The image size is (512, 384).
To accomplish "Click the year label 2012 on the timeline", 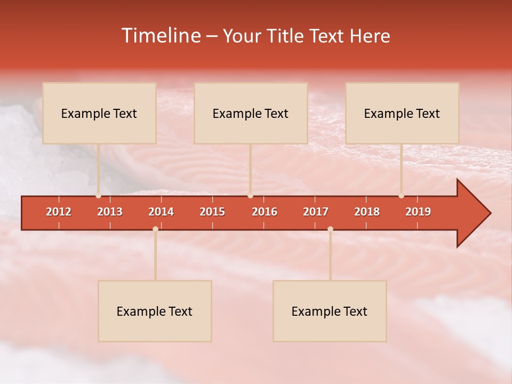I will point(59,212).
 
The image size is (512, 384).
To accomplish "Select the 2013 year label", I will point(110,212).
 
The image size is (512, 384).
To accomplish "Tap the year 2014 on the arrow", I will point(161,212).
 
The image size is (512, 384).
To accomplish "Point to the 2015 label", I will point(212,212).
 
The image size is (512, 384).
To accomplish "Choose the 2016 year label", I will point(265,212).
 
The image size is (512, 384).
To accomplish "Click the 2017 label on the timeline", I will point(316,212).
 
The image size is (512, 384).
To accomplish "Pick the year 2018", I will point(367,212).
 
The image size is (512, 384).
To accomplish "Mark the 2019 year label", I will point(418,212).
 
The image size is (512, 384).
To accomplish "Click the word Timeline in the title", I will point(160,36).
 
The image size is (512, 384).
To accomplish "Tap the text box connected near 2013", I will point(99,113).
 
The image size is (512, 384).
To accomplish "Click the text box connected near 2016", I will point(251,113).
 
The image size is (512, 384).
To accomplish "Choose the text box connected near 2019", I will point(402,113).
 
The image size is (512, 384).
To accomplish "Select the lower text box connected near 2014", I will point(155,311).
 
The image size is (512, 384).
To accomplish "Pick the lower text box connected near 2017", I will point(330,311).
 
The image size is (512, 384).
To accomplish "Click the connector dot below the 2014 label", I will point(155,229).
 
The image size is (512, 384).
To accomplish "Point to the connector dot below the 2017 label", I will point(330,229).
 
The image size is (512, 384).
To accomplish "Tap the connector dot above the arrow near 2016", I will point(250,196).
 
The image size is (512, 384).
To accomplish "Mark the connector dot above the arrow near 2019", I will point(401,196).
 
